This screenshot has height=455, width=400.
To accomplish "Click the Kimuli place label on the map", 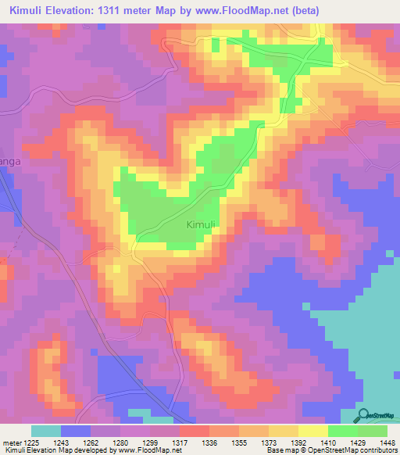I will [x=202, y=225].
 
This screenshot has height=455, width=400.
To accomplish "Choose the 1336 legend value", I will [x=209, y=442].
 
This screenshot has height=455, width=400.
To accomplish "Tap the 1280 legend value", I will [x=120, y=442].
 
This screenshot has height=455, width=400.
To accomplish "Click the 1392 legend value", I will [x=298, y=442].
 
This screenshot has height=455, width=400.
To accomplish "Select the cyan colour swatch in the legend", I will [x=46, y=431].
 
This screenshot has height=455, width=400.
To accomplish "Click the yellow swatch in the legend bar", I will [x=313, y=431].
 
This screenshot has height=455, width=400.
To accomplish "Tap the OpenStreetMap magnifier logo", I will [x=364, y=416].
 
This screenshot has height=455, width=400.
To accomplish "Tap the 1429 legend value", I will [x=357, y=442].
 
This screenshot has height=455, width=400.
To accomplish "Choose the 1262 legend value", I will [x=91, y=442].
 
